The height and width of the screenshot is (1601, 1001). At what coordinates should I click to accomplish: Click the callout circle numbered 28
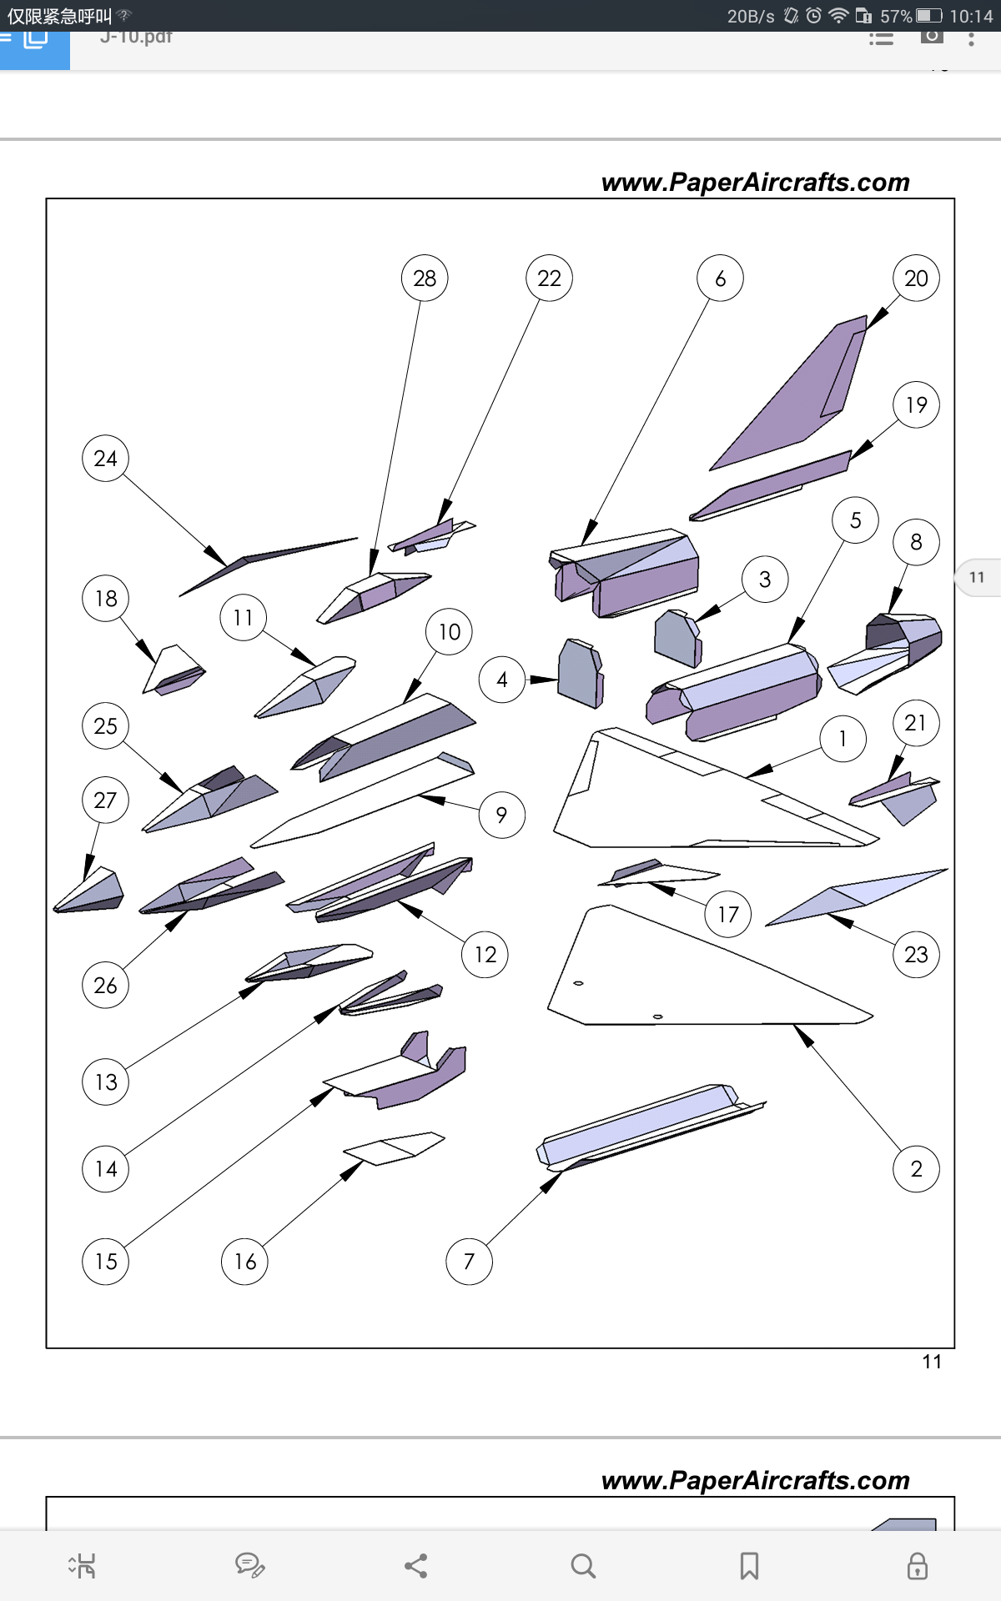tap(425, 279)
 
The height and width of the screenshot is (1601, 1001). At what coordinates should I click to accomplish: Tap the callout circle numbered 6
tap(720, 279)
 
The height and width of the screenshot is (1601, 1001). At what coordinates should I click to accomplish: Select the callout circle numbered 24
tap(105, 459)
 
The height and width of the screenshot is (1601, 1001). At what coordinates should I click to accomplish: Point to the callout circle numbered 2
tap(916, 1169)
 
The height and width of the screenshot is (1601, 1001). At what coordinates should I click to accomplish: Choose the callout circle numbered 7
tap(469, 1262)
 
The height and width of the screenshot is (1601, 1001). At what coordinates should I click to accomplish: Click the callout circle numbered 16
tap(244, 1262)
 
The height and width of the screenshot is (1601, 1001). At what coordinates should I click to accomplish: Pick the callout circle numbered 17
tap(728, 915)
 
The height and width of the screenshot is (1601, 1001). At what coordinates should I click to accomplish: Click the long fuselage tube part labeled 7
tap(642, 1126)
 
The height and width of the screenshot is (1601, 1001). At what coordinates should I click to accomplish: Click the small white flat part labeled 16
tap(392, 1147)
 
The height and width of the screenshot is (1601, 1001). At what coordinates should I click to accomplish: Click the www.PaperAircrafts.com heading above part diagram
tap(755, 183)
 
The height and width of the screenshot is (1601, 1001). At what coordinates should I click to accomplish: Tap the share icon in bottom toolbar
tap(416, 1566)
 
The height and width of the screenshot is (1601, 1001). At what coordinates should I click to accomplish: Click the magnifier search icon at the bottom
tap(583, 1566)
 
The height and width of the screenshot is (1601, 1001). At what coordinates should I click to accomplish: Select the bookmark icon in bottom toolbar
tap(749, 1566)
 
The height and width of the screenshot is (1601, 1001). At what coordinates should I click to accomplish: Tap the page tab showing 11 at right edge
tap(978, 577)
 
